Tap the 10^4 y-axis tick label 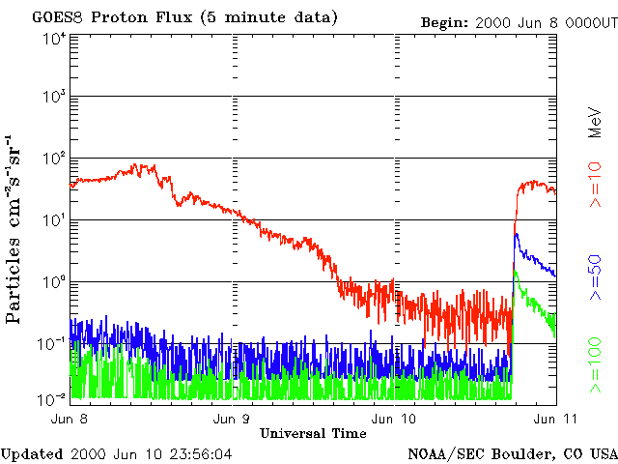[x=53, y=38]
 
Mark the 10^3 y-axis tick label [x=53, y=99]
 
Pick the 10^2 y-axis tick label [x=53, y=159]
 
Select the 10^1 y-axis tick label [x=53, y=221]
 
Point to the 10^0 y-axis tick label [x=53, y=283]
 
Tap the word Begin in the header [x=445, y=22]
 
